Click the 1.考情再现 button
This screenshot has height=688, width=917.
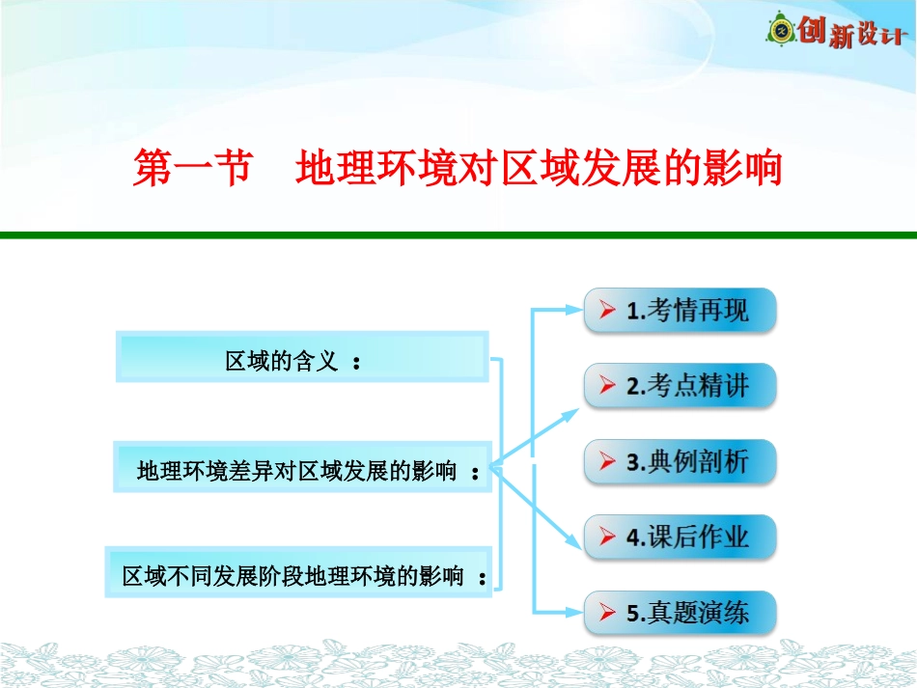tap(680, 311)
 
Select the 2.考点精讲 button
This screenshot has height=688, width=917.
tap(680, 386)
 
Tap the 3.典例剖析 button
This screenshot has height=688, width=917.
tap(680, 461)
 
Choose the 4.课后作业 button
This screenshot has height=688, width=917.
tap(680, 537)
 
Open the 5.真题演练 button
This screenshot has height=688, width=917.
tap(680, 612)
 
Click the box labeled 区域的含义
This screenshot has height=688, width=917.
tap(301, 358)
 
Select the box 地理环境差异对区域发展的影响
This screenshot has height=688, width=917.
tap(302, 469)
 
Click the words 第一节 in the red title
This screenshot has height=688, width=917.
tap(191, 168)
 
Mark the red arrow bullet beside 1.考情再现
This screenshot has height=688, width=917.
tap(606, 311)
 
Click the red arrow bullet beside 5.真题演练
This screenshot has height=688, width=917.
tap(606, 612)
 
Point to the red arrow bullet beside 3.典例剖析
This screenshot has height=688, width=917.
tap(606, 461)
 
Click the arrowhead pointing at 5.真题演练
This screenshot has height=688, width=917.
tap(573, 612)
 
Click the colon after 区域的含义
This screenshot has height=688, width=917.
tap(357, 364)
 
